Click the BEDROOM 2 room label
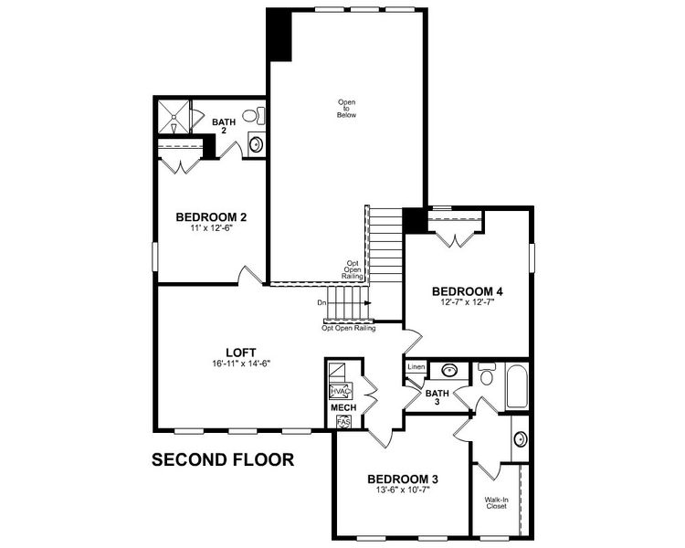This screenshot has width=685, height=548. coord(211,217)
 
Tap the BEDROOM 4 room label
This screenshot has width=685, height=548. coord(468,292)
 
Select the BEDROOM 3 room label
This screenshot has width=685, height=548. coord(403,479)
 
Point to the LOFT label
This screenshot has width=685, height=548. coord(240,352)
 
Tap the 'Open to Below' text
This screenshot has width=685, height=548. coord(346,109)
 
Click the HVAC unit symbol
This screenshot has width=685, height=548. coord(340,390)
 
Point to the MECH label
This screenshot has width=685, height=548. coord(342,407)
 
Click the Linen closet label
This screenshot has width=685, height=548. coord(416,367)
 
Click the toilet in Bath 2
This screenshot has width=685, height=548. coord(258,116)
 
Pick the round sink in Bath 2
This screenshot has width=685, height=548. coord(257,143)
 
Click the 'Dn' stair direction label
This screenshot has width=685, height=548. coord(322,302)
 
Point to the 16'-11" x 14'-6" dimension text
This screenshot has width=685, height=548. coord(240,364)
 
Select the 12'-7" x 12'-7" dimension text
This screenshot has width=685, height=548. coord(468,304)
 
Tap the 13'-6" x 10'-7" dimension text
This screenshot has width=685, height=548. coord(403,490)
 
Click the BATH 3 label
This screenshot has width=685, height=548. coord(437,395)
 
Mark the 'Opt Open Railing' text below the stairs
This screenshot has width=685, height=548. coord(347,326)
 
